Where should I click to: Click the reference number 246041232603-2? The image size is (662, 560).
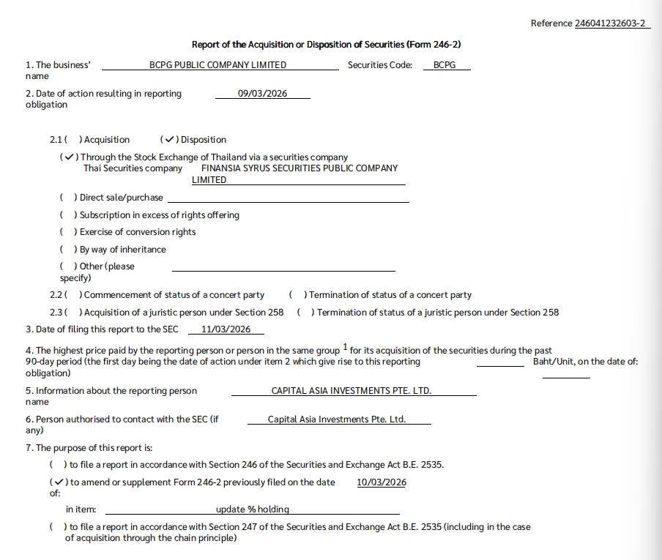click(600, 23)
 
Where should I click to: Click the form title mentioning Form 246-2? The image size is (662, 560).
click(326, 45)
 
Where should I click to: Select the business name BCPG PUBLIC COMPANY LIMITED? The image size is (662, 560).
click(217, 65)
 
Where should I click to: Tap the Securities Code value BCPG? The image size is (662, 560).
click(445, 65)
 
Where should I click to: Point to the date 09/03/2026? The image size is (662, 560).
click(262, 94)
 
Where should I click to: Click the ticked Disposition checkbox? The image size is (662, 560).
click(169, 140)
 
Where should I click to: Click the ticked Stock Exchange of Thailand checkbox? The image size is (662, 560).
click(68, 157)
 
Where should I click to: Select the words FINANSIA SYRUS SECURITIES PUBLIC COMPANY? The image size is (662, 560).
click(300, 168)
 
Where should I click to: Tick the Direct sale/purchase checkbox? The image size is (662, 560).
click(67, 198)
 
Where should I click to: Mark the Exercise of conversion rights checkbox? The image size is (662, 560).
click(67, 232)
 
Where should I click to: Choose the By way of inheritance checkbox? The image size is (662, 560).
click(67, 250)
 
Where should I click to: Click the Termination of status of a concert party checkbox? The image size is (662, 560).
click(297, 295)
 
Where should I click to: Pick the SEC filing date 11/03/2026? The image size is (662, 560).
click(226, 329)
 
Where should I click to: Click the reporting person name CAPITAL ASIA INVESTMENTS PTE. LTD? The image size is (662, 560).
click(351, 391)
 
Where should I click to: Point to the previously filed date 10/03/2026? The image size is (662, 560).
click(382, 482)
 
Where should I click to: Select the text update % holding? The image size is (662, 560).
click(253, 509)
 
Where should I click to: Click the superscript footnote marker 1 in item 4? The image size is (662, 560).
click(345, 348)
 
